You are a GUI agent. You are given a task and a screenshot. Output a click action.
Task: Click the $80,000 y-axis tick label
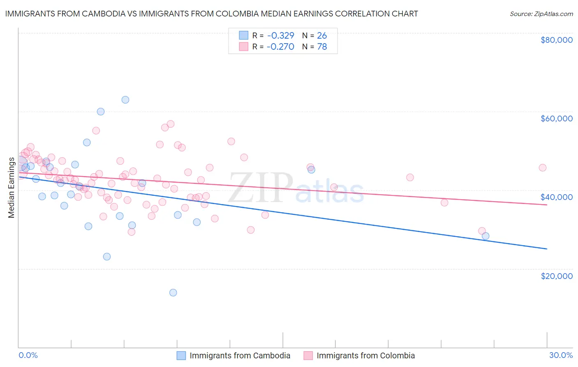[556, 40]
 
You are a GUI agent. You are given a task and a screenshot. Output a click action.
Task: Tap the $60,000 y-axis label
[556, 118]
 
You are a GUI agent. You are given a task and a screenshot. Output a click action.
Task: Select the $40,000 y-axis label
[556, 197]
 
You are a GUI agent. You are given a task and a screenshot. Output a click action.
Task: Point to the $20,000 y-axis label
[556, 276]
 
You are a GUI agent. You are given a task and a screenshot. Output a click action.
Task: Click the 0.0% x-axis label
[28, 355]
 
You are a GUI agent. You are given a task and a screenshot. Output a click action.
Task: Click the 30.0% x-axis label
[561, 355]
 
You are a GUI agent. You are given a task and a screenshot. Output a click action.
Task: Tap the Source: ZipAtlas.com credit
[541, 14]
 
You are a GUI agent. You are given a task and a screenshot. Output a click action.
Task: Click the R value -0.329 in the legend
[280, 35]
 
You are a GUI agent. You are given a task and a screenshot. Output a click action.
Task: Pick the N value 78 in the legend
[322, 46]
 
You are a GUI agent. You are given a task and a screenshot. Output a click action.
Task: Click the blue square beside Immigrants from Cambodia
[181, 355]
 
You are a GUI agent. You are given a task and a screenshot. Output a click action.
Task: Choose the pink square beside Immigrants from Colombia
[308, 355]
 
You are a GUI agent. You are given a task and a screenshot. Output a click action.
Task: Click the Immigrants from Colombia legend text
[365, 355]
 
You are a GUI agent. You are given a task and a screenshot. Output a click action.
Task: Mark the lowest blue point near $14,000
[173, 293]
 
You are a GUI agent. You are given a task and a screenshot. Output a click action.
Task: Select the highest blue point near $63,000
[125, 100]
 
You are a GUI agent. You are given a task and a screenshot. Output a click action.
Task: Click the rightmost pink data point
[542, 167]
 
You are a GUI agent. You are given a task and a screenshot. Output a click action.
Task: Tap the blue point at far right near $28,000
[486, 236]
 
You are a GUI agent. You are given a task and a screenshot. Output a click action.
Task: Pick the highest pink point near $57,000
[171, 124]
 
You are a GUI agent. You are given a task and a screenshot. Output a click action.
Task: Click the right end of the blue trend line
[547, 249]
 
